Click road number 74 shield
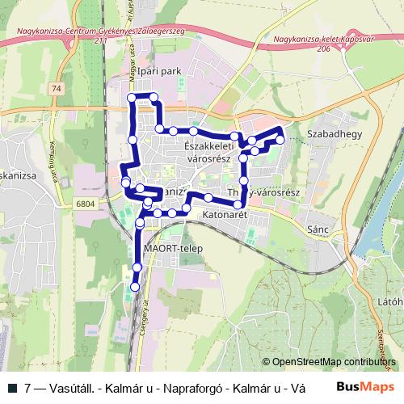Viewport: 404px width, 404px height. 55,87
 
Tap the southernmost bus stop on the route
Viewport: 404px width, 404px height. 135,286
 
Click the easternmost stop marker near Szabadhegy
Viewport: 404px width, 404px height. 280,140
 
